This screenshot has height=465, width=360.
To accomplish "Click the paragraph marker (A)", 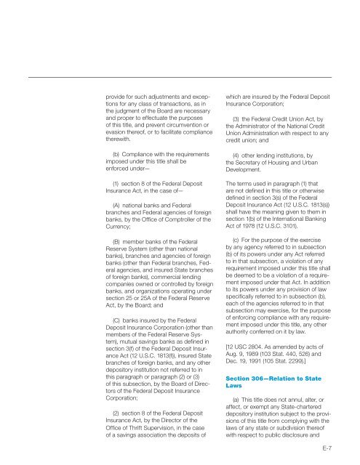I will pos(116,206).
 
